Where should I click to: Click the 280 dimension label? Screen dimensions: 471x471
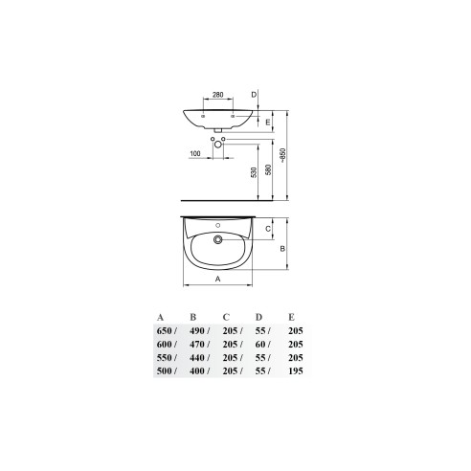point(218,95)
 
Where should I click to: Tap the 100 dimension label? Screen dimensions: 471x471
point(195,153)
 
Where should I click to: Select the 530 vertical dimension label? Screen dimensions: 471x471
point(254,172)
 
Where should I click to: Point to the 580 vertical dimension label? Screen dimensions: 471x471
point(268,169)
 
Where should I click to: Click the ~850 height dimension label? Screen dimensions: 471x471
point(283,155)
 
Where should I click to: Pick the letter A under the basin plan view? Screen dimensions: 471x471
point(217,279)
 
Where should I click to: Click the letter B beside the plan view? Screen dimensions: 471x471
point(282,249)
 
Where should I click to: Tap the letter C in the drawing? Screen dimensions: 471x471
point(268,229)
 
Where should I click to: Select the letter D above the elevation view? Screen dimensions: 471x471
point(254,95)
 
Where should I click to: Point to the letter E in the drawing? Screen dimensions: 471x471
point(268,122)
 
